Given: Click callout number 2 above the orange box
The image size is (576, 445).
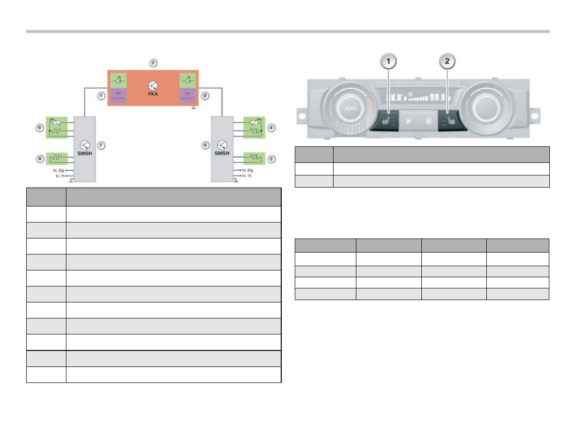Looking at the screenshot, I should (x=153, y=63).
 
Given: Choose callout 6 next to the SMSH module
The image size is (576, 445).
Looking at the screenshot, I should (x=206, y=145).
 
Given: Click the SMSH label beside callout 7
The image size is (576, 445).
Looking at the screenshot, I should (x=84, y=153).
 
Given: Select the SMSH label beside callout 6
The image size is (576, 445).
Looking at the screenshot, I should (x=222, y=153).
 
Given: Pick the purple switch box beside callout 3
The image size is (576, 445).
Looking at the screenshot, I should (x=188, y=96).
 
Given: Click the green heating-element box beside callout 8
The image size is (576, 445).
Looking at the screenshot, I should (x=57, y=158).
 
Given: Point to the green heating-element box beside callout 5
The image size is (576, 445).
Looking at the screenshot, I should (x=253, y=158).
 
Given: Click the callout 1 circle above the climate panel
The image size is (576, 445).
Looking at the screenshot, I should (x=388, y=62).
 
